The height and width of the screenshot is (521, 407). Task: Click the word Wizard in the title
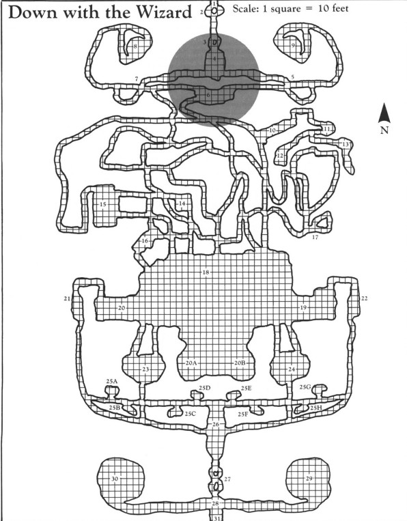pyautogui.click(x=165, y=12)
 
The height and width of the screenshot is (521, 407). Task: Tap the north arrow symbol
pyautogui.click(x=384, y=113)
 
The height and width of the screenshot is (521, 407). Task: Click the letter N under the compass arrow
pyautogui.click(x=384, y=130)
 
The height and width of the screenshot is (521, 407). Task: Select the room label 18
pyautogui.click(x=206, y=272)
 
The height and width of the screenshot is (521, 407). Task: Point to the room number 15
pyautogui.click(x=103, y=204)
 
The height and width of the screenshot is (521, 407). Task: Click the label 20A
pyautogui.click(x=191, y=363)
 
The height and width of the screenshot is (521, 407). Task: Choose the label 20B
pyautogui.click(x=240, y=363)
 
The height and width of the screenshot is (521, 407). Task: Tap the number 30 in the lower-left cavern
pyautogui.click(x=115, y=479)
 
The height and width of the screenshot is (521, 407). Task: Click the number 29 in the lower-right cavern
pyautogui.click(x=309, y=479)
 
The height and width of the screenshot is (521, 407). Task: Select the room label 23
pyautogui.click(x=145, y=369)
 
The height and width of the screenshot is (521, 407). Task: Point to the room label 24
pyautogui.click(x=292, y=369)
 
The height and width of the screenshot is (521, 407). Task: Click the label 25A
pyautogui.click(x=112, y=382)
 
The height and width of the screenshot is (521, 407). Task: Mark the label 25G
pyautogui.click(x=305, y=387)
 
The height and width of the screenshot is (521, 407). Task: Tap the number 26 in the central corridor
pyautogui.click(x=216, y=424)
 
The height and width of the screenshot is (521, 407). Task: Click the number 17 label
pyautogui.click(x=315, y=237)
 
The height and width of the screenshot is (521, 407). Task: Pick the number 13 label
pyautogui.click(x=346, y=144)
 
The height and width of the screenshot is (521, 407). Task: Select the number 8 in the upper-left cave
pyautogui.click(x=135, y=46)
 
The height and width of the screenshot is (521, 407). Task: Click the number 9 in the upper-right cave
pyautogui.click(x=294, y=45)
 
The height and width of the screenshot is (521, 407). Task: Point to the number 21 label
pyautogui.click(x=67, y=298)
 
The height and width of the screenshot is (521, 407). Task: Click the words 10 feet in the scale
pyautogui.click(x=333, y=8)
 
